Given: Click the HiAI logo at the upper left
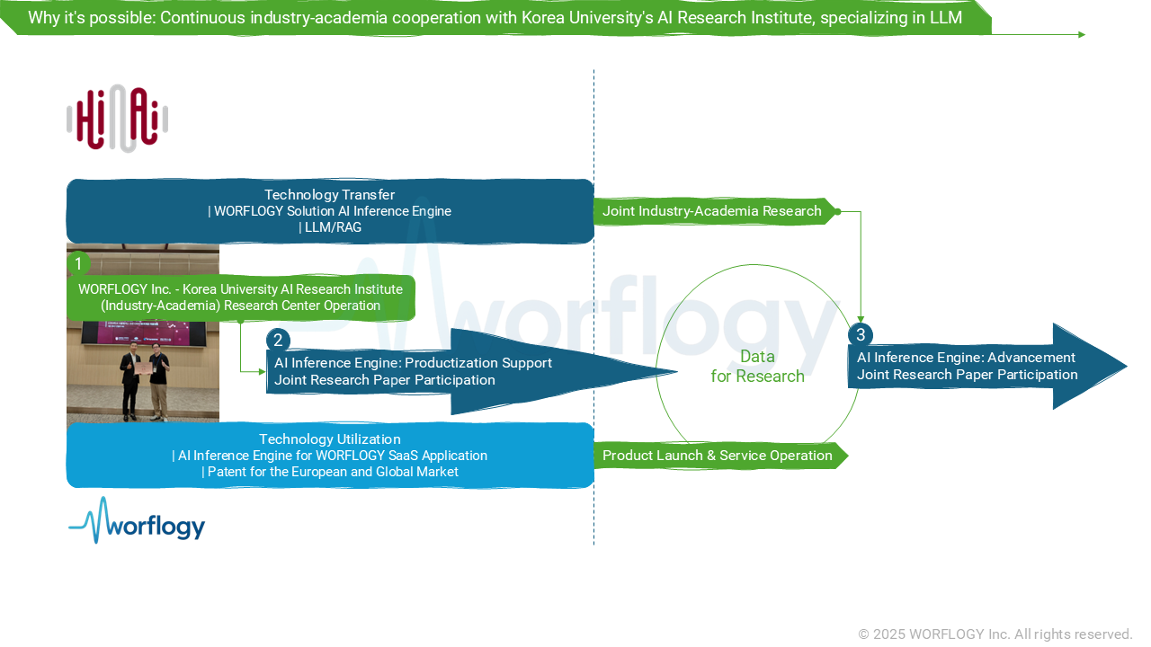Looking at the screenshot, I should click(117, 119).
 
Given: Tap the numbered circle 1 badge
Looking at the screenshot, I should click(78, 264).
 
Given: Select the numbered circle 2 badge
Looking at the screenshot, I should click(278, 340).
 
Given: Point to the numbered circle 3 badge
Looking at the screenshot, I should click(861, 334).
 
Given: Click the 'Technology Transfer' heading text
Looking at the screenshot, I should click(329, 195).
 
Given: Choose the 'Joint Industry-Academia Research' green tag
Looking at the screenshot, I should click(712, 211).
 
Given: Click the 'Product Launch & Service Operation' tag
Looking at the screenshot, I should click(717, 456).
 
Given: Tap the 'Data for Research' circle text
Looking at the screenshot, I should click(757, 367).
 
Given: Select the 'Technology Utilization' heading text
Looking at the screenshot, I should click(329, 439).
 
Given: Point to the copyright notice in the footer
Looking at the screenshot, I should click(995, 634).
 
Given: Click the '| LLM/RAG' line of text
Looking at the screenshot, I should click(329, 227).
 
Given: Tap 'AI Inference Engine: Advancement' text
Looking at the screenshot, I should click(966, 358).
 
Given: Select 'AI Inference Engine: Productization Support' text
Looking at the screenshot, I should click(413, 363).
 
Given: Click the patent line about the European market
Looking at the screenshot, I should click(329, 472).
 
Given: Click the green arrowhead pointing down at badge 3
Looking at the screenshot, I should click(861, 320).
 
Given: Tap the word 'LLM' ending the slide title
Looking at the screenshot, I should click(946, 18).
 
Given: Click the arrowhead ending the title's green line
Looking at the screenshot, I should click(1082, 35).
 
